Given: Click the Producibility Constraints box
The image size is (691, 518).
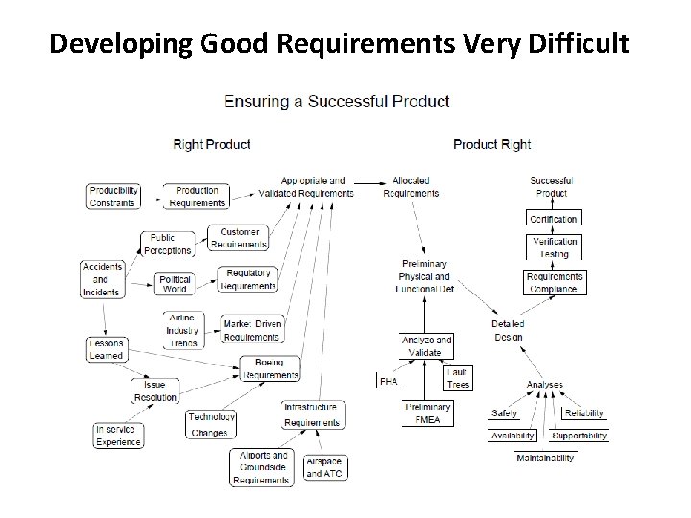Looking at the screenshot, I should click(x=114, y=196).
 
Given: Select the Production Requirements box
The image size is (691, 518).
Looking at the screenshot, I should click(x=197, y=196).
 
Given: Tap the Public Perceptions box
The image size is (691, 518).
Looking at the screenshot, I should click(x=169, y=244).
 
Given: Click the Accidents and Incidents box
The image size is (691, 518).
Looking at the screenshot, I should click(x=101, y=279).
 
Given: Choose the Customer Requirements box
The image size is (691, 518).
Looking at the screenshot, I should click(x=239, y=237).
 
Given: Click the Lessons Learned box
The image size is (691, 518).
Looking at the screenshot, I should click(x=107, y=349).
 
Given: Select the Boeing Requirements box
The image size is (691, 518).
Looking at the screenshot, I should click(x=270, y=367).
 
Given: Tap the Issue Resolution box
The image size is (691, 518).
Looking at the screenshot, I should click(x=155, y=390).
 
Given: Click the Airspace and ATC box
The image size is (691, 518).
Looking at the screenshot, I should click(x=323, y=466).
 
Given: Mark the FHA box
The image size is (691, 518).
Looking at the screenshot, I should click(x=389, y=382).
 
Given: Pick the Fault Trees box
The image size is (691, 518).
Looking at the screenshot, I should click(x=458, y=378).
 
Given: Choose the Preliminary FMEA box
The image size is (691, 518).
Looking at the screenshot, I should click(x=427, y=413).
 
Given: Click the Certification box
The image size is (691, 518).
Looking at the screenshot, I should click(x=553, y=219).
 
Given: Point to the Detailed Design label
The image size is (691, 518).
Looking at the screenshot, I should click(x=508, y=329).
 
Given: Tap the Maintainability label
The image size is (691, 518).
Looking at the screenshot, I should click(x=545, y=459).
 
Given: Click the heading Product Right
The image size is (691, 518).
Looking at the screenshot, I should click(x=491, y=145).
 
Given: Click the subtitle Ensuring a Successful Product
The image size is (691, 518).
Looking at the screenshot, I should click(x=336, y=101).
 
